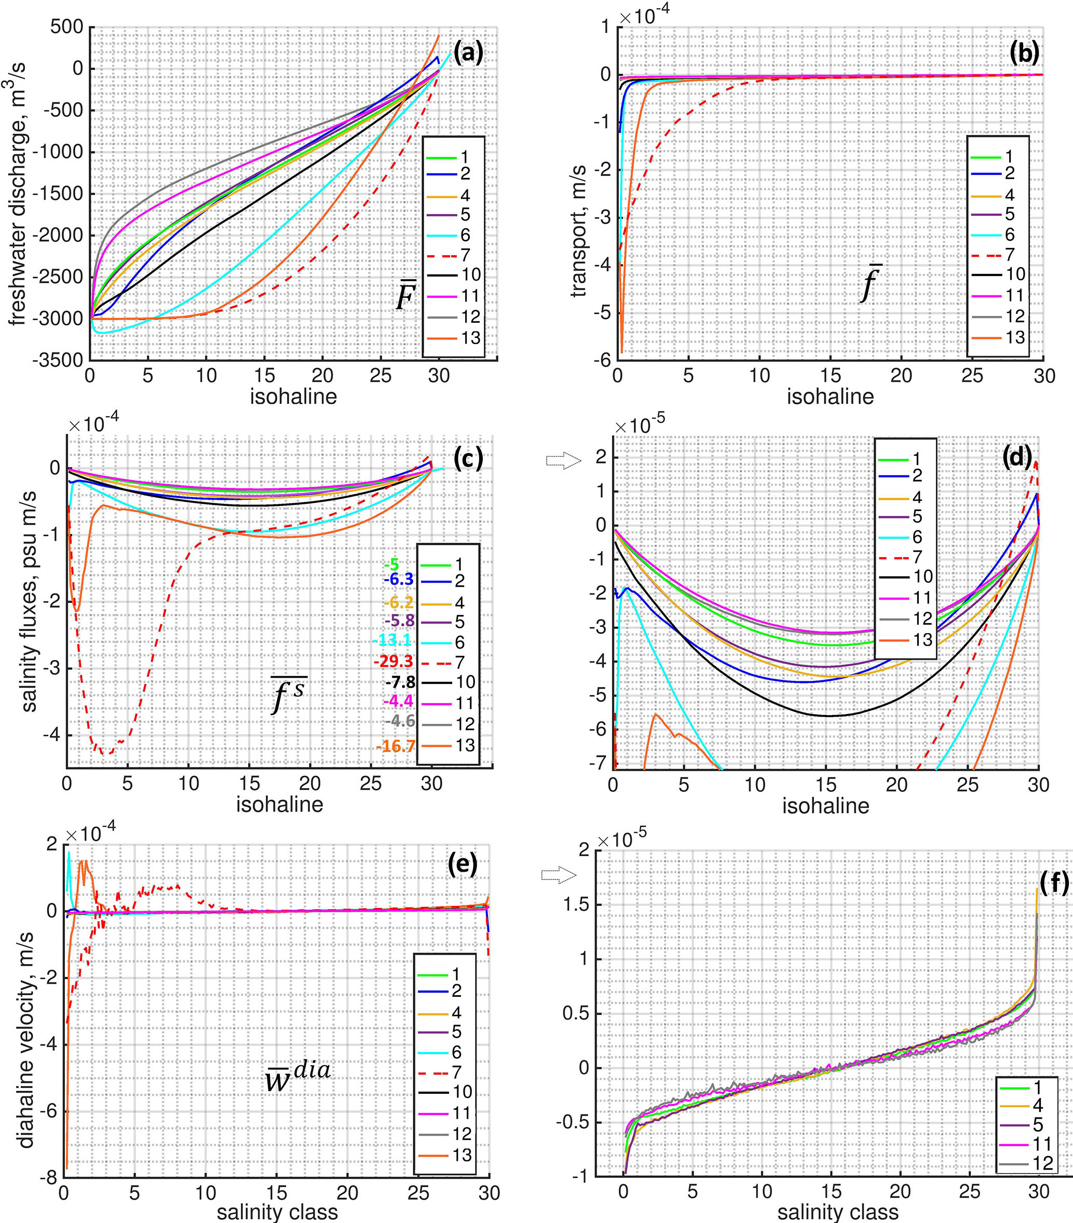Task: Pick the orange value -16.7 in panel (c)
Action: coord(396,746)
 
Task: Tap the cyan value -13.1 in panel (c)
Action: coord(392,640)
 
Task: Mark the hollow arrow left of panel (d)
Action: coord(563,460)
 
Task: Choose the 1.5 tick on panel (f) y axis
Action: coord(576,904)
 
